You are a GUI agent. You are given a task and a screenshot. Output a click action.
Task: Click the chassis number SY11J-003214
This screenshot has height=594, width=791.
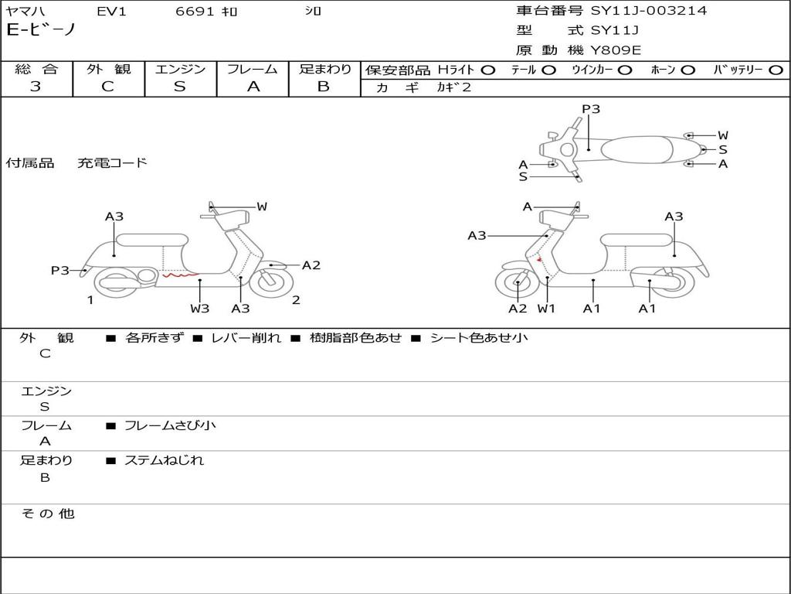tap(649, 11)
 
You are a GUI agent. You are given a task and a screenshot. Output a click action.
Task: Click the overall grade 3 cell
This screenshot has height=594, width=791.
tap(36, 87)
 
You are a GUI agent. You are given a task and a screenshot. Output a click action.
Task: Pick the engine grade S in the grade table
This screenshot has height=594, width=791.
tap(180, 87)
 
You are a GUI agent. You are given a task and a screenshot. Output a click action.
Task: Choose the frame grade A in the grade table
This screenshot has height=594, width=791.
tap(253, 87)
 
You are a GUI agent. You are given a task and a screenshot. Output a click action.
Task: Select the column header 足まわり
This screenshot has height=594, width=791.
tap(324, 70)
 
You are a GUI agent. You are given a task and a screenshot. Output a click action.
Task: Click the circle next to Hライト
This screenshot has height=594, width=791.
tap(487, 70)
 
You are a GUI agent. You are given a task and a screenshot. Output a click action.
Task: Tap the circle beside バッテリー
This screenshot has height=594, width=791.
tap(776, 70)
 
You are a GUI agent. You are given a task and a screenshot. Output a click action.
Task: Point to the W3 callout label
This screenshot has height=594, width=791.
tap(200, 309)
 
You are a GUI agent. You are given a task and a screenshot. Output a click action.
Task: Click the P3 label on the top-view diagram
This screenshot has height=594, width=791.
tap(591, 109)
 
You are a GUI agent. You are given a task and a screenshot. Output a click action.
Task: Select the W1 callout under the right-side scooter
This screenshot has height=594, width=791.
tap(546, 309)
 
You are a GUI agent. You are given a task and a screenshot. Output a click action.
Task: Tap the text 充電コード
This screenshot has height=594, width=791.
tap(112, 163)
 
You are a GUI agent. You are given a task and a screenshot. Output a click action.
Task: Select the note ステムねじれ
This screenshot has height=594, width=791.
tap(164, 460)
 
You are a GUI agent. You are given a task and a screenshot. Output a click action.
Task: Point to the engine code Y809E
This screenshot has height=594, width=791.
tap(616, 50)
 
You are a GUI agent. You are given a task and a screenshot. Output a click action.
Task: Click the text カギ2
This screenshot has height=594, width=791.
tap(453, 87)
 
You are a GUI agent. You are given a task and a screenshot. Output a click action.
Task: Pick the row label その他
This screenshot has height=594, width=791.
tap(47, 514)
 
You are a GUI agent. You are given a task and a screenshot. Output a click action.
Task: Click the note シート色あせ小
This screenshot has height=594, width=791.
tap(479, 337)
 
